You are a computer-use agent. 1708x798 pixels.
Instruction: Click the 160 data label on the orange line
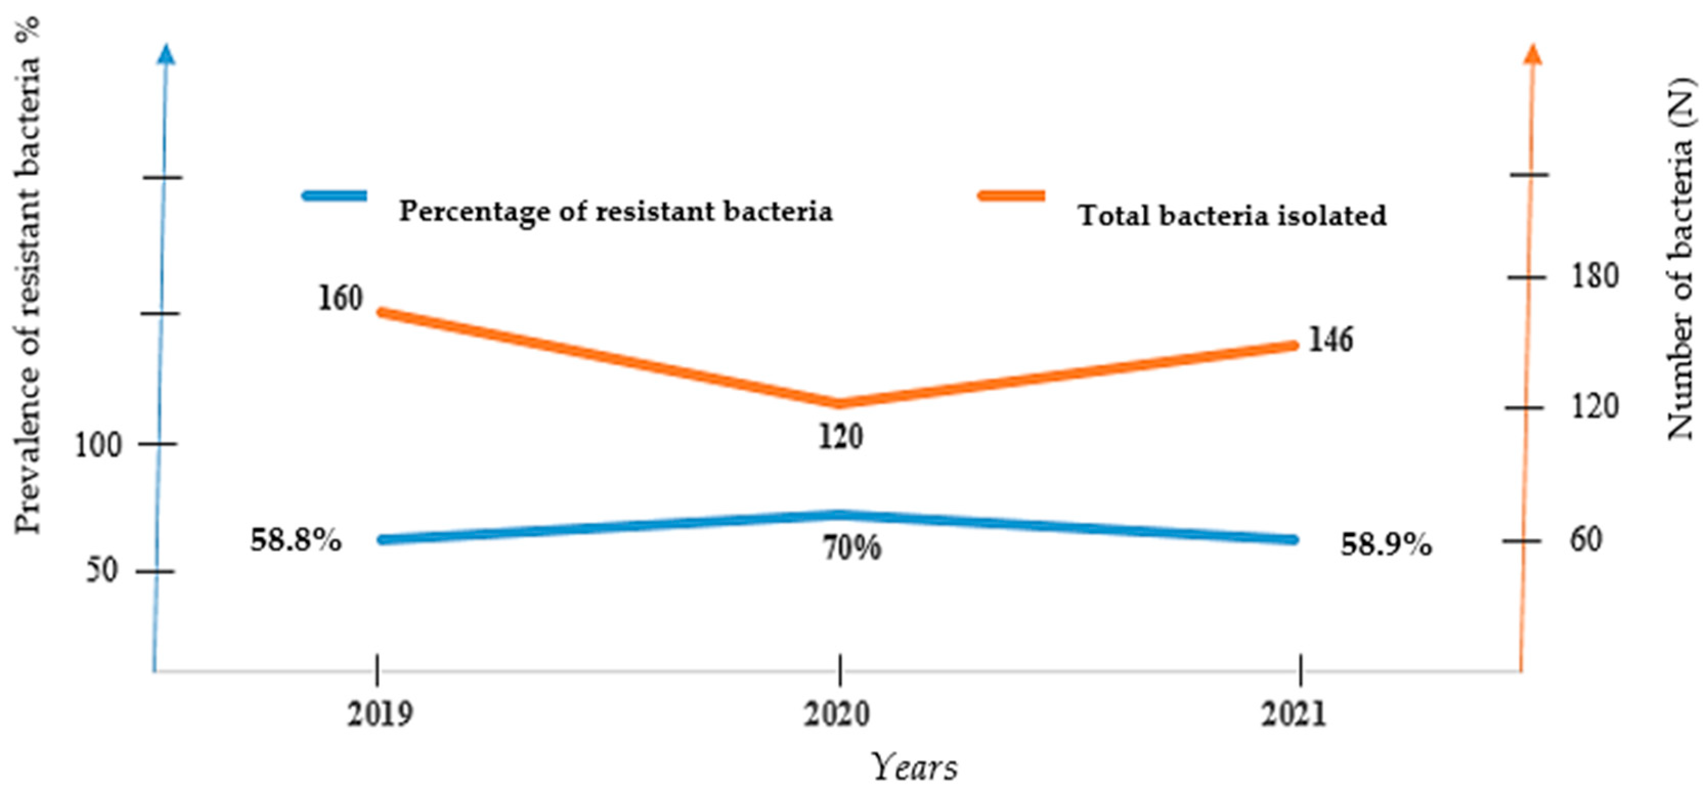(341, 298)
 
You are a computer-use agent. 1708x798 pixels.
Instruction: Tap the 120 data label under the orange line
(840, 437)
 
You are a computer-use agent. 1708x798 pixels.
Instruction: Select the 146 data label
(1330, 340)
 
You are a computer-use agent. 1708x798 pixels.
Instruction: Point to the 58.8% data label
(296, 540)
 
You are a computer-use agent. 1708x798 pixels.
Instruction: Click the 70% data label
(852, 547)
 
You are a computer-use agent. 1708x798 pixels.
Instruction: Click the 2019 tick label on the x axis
(380, 714)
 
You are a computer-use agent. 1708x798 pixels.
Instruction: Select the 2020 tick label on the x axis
(837, 714)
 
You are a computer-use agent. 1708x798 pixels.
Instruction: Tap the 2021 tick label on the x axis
(1294, 714)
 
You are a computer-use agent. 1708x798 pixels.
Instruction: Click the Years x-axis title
(914, 767)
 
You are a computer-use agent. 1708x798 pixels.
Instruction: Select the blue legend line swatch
(335, 195)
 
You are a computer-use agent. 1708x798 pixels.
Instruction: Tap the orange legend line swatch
(1012, 195)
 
